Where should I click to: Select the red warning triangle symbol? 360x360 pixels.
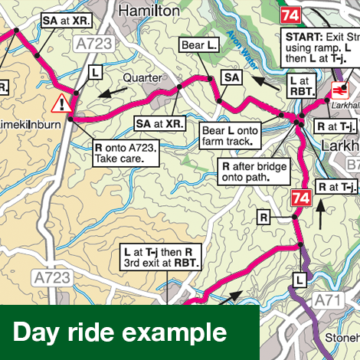[59, 103]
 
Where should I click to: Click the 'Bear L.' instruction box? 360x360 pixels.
[199, 46]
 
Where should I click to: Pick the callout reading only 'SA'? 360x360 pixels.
[232, 77]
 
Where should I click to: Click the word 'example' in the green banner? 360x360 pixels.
[182, 333]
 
